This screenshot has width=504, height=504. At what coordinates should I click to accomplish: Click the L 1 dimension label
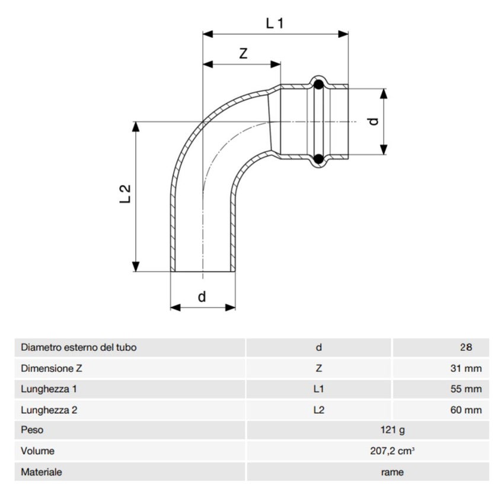(x=275, y=23)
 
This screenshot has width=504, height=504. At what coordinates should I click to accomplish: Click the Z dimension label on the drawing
(x=243, y=53)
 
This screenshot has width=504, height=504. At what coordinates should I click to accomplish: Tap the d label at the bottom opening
(x=202, y=296)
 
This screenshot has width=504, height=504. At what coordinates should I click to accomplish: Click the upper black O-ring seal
(x=318, y=85)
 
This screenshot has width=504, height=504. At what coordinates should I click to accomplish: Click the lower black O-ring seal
(x=318, y=158)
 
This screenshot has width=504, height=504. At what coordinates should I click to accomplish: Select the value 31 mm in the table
(x=465, y=368)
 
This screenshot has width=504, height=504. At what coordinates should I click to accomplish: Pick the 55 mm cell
(x=465, y=390)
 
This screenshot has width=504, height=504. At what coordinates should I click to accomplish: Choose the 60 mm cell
(x=465, y=410)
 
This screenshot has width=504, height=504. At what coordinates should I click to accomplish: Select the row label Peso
(x=32, y=430)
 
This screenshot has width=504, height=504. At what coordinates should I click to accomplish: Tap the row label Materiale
(x=41, y=472)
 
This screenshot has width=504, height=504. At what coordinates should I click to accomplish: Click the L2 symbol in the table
(x=318, y=410)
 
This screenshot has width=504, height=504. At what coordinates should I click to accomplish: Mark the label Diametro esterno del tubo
(x=78, y=347)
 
